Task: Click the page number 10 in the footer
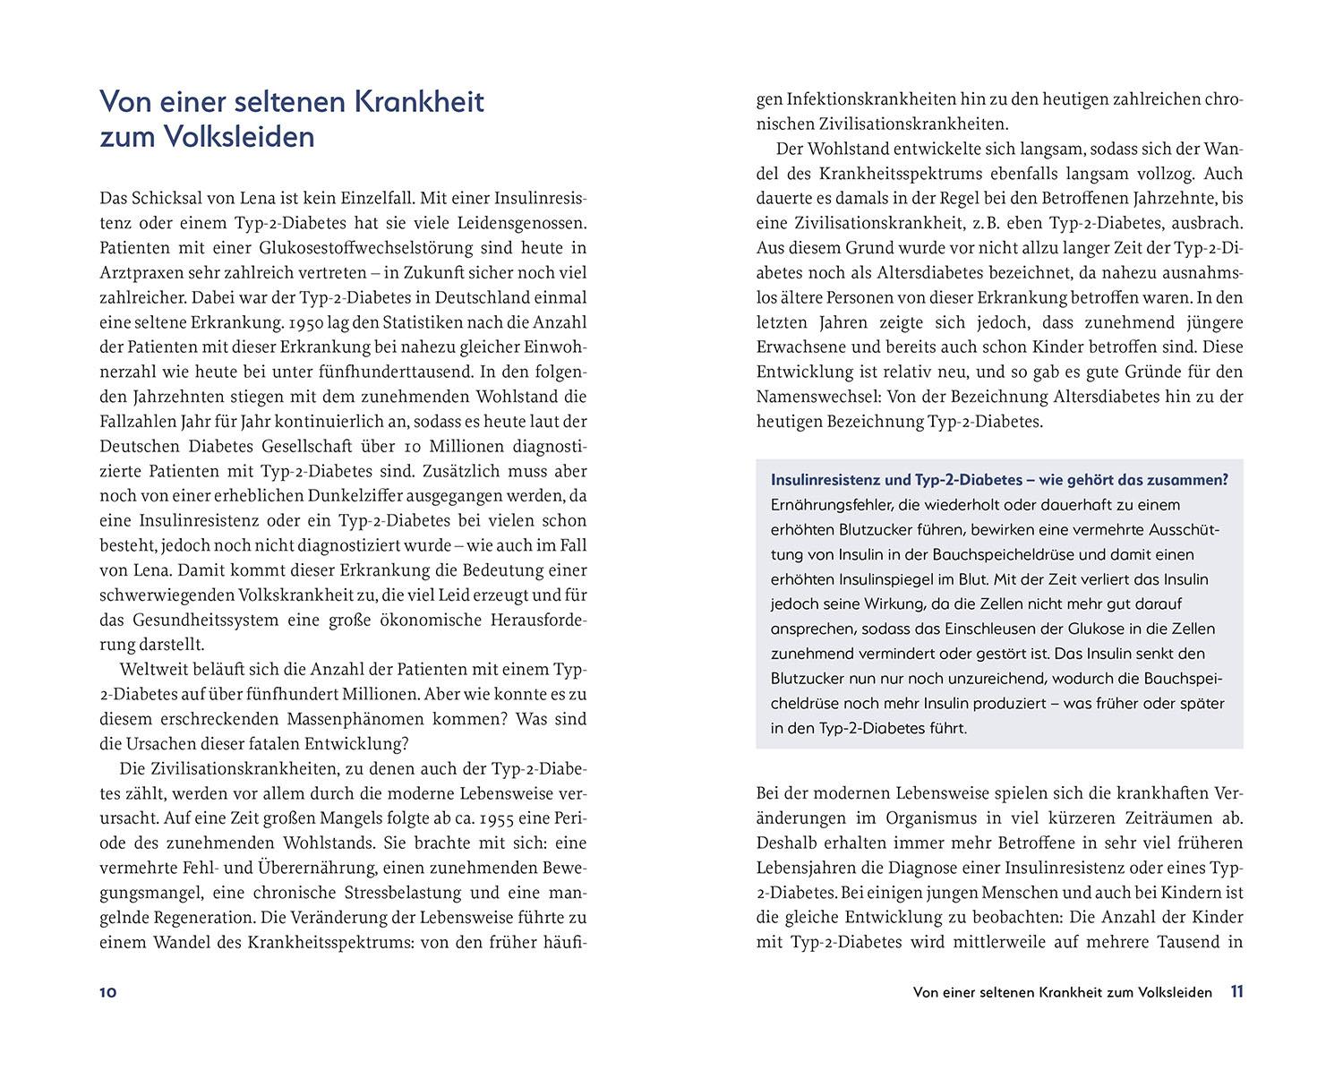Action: pyautogui.click(x=108, y=992)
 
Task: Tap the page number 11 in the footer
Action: pyautogui.click(x=1236, y=991)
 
